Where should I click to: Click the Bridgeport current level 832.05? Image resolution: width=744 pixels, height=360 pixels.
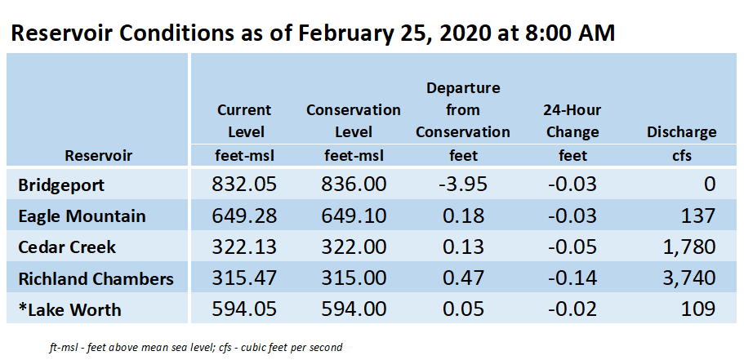[244, 184]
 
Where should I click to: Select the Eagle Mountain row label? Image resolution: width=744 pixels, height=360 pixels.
[82, 216]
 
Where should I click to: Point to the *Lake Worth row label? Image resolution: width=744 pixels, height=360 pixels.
[69, 309]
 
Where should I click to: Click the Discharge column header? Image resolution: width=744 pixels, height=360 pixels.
[681, 132]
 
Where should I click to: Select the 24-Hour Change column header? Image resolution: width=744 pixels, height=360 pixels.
[572, 121]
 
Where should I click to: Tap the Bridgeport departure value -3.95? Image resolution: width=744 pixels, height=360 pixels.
[462, 184]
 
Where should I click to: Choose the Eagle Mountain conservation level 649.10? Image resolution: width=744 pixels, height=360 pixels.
[354, 216]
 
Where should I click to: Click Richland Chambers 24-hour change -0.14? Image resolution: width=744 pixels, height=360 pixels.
[572, 278]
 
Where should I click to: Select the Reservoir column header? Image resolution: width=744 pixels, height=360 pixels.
[98, 155]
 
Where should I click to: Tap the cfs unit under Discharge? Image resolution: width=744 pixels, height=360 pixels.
[681, 156]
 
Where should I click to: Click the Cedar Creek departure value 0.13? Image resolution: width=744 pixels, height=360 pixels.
[462, 247]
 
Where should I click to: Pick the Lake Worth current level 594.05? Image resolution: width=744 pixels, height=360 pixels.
[244, 309]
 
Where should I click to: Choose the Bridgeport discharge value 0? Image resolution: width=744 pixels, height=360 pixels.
[710, 184]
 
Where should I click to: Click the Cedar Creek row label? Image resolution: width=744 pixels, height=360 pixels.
[67, 247]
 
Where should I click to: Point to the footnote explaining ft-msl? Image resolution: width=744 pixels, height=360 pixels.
[195, 347]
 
